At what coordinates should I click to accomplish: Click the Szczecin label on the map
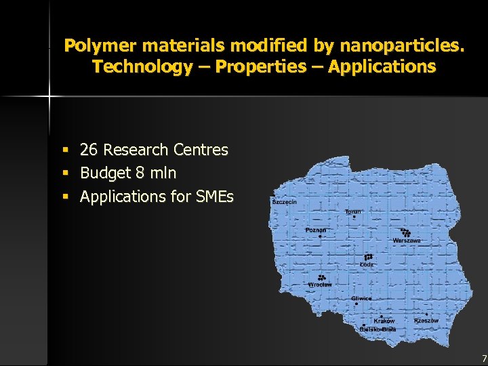[x=284, y=202]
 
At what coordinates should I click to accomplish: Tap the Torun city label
[x=353, y=211]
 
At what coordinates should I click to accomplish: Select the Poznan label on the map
[x=315, y=230]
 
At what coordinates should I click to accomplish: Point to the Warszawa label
[x=407, y=241]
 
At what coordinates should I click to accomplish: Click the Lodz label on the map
[x=367, y=264]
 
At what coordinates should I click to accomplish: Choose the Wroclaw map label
[x=320, y=285]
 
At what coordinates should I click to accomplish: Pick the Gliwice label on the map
[x=361, y=298]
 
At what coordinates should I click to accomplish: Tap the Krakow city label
[x=384, y=321]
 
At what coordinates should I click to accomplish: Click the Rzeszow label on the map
[x=426, y=321]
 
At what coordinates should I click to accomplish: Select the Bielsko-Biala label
[x=378, y=329]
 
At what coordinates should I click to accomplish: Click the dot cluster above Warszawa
[x=405, y=232]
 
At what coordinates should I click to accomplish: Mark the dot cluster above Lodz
[x=368, y=257]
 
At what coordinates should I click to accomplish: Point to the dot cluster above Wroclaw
[x=321, y=277]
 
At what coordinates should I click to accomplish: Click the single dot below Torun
[x=354, y=218]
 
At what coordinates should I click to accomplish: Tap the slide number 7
[x=483, y=358]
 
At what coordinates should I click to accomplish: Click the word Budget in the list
[x=105, y=174]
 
